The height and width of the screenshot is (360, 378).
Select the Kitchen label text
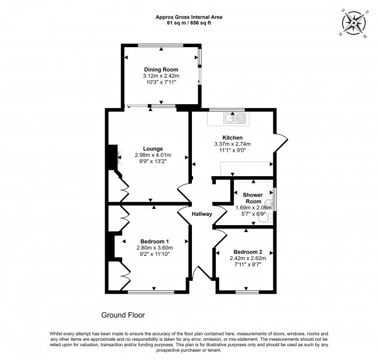click(x=232, y=137)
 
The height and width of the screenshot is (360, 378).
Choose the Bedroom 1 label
click(x=155, y=241)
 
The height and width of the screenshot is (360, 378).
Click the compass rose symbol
click(x=353, y=23)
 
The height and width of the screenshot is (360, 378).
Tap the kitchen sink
click(x=234, y=119)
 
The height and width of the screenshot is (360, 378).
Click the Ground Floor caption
click(x=123, y=315)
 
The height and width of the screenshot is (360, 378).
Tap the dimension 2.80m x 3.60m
click(x=155, y=248)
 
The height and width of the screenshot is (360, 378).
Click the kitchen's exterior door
click(x=280, y=141)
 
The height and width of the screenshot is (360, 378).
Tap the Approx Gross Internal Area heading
click(x=189, y=17)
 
